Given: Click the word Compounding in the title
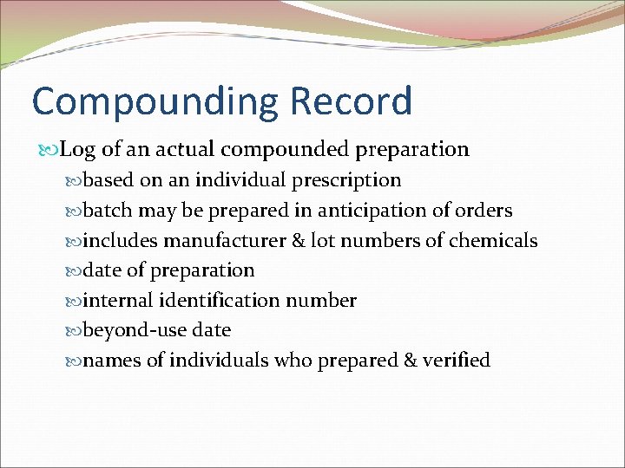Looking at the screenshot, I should [155, 102].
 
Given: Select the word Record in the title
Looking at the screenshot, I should [352, 101].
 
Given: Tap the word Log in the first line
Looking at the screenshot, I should [78, 150].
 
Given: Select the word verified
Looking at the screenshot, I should [457, 360].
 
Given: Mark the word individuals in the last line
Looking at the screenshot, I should [220, 360].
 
